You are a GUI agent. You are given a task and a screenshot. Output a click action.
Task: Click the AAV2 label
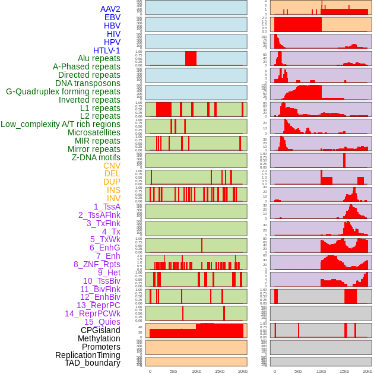(x=110, y=9)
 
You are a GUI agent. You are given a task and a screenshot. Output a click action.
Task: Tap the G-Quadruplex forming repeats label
(x=63, y=91)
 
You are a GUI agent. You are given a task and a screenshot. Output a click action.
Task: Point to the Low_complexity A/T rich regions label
(x=61, y=124)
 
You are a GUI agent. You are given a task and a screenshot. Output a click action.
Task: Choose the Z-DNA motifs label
(x=96, y=157)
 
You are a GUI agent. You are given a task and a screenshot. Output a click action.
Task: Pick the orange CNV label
(x=112, y=166)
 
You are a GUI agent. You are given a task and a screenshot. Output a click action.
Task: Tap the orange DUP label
(x=112, y=182)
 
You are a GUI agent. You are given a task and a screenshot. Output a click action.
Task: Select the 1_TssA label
(x=107, y=207)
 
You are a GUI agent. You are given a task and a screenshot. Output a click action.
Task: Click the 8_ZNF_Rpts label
(x=97, y=264)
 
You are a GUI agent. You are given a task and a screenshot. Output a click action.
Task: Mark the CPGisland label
(x=100, y=330)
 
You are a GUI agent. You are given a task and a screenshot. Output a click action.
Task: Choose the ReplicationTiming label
(x=87, y=355)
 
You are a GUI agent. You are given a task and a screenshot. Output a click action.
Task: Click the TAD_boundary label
(x=92, y=363)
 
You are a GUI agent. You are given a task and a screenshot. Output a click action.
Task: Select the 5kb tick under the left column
(x=173, y=371)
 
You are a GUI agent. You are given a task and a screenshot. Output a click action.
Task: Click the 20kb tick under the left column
(x=242, y=371)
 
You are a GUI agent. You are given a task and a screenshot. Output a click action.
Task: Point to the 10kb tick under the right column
(x=321, y=371)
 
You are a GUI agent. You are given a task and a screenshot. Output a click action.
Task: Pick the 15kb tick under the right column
(x=344, y=371)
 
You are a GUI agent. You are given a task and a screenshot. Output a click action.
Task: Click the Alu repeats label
(x=99, y=58)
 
